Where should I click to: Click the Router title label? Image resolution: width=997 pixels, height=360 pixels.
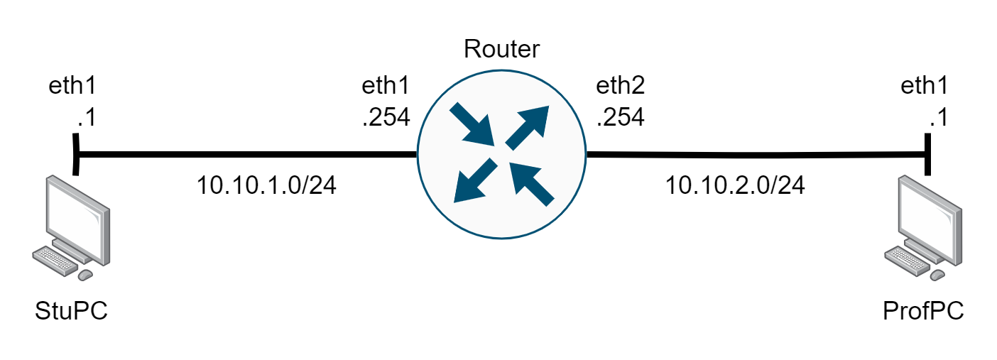(501, 49)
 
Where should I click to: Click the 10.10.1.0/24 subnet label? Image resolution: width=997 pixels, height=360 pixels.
(266, 186)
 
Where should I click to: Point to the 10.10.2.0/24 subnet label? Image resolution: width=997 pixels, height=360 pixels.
(735, 186)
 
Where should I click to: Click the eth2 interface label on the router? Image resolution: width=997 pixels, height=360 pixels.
(621, 87)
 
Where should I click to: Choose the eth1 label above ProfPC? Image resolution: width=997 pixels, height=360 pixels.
(924, 87)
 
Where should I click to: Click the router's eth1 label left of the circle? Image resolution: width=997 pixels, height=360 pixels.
(386, 87)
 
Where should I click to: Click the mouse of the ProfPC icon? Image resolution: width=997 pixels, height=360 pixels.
(938, 275)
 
